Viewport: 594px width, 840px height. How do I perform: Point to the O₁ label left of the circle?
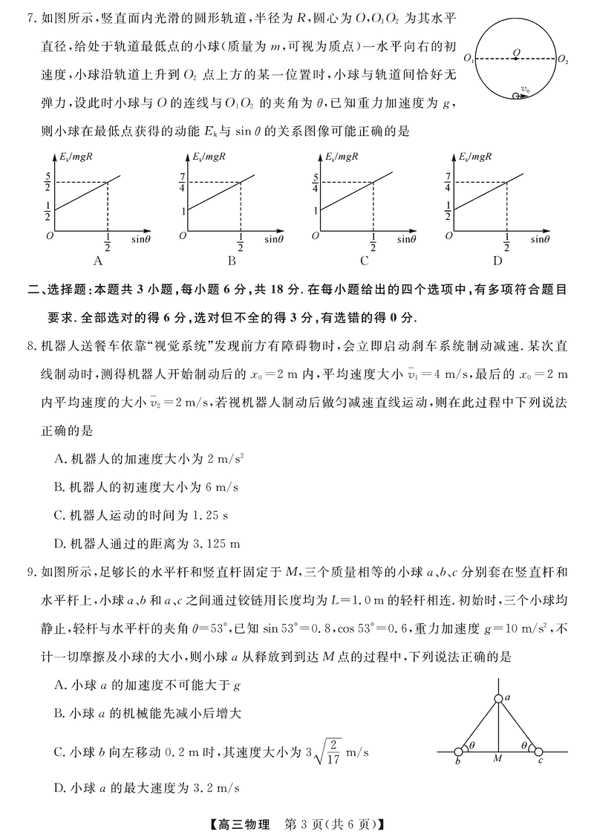click(x=469, y=58)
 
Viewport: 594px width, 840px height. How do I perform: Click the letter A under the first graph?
click(x=97, y=261)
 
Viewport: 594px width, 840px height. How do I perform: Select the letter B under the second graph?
click(x=232, y=261)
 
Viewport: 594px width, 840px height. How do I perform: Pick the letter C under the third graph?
click(x=365, y=261)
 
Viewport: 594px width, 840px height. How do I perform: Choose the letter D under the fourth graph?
click(x=497, y=261)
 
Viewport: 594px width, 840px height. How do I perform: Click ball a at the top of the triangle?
click(x=498, y=698)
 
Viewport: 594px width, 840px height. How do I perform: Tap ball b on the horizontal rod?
click(x=460, y=752)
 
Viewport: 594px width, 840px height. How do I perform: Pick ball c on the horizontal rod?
click(x=538, y=752)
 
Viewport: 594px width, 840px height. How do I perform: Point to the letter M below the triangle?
click(x=498, y=760)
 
